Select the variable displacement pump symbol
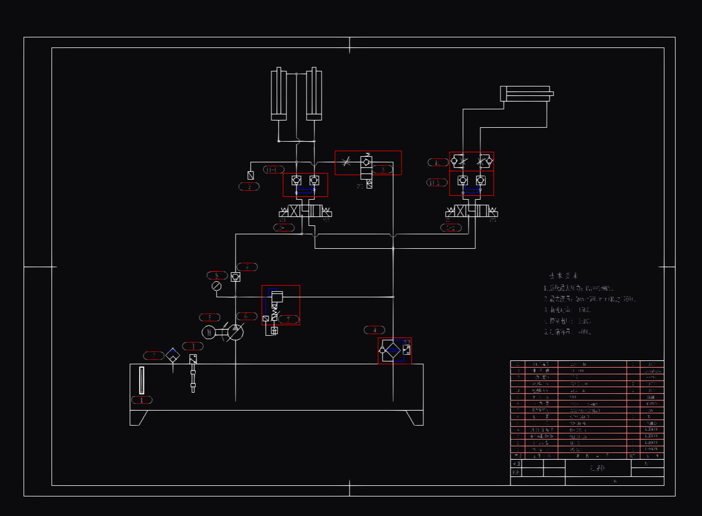(235, 332)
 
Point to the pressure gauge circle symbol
(217, 286)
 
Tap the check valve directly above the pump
(236, 277)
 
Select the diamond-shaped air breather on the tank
(173, 355)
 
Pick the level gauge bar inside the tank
(141, 380)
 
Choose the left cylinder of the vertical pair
(279, 94)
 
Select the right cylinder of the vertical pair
(314, 94)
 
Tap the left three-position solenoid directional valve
(305, 212)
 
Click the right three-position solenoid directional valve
(472, 212)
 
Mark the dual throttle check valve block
(471, 162)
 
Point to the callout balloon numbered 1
(142, 400)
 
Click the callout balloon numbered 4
(374, 330)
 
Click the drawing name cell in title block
(598, 468)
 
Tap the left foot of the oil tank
(139, 417)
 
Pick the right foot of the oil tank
(414, 417)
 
